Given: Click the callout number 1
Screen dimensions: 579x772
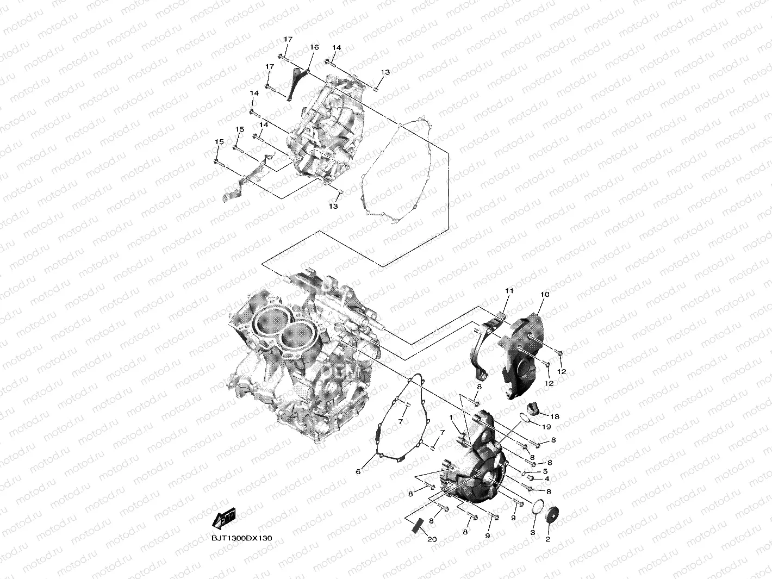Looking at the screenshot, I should (x=451, y=417).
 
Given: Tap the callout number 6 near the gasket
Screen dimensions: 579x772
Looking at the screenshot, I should (x=358, y=471).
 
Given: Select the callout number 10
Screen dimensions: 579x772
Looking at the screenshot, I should (x=545, y=295).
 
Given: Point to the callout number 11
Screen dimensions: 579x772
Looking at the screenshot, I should (x=509, y=291).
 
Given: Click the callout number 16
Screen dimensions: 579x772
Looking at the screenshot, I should (x=314, y=47).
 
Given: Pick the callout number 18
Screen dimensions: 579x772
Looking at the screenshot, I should (x=555, y=416).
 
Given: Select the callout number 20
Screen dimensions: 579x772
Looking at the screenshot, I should (x=432, y=539).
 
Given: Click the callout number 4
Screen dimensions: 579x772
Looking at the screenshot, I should (x=546, y=479).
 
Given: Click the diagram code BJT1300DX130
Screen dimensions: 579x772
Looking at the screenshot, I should (x=242, y=538).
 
